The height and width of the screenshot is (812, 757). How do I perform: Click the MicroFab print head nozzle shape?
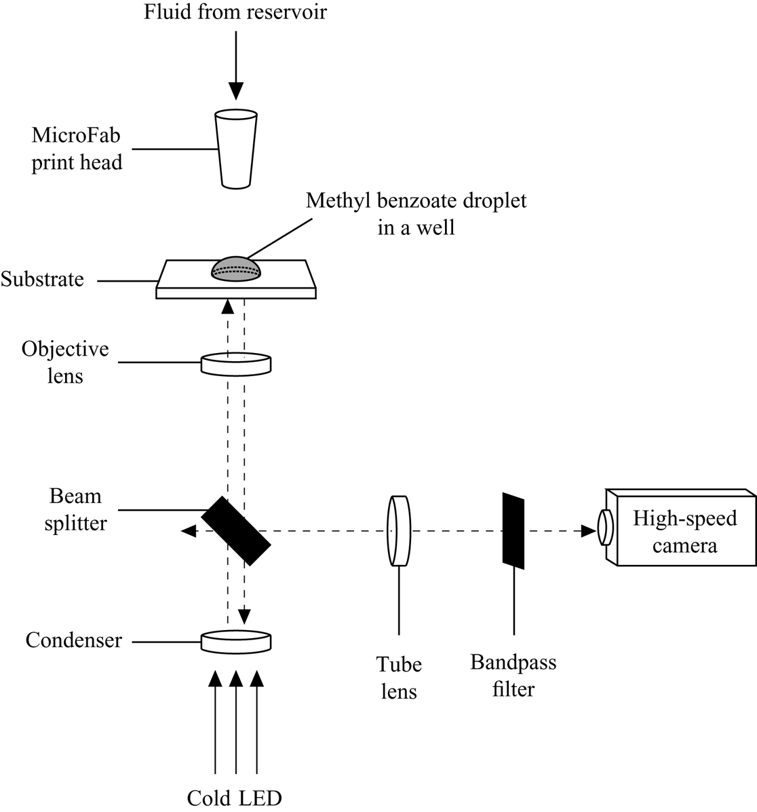tap(236, 149)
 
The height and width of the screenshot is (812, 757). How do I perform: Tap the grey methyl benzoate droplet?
tap(237, 269)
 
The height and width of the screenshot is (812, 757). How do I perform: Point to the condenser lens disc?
tap(236, 640)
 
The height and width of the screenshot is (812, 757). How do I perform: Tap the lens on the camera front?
tap(605, 528)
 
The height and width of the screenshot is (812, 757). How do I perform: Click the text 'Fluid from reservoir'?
tap(235, 12)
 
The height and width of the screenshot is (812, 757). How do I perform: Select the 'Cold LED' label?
tap(235, 798)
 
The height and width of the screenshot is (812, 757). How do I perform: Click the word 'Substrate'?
tap(42, 279)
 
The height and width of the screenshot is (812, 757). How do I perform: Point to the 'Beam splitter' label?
tap(76, 510)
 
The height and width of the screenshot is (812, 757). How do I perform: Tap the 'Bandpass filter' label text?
tap(513, 676)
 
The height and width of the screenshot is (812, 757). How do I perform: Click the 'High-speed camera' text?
tap(684, 532)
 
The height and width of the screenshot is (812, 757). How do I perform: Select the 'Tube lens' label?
tap(399, 677)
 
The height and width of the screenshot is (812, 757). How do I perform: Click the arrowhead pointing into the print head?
tap(235, 91)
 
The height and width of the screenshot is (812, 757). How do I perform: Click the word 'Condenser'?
tap(74, 640)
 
